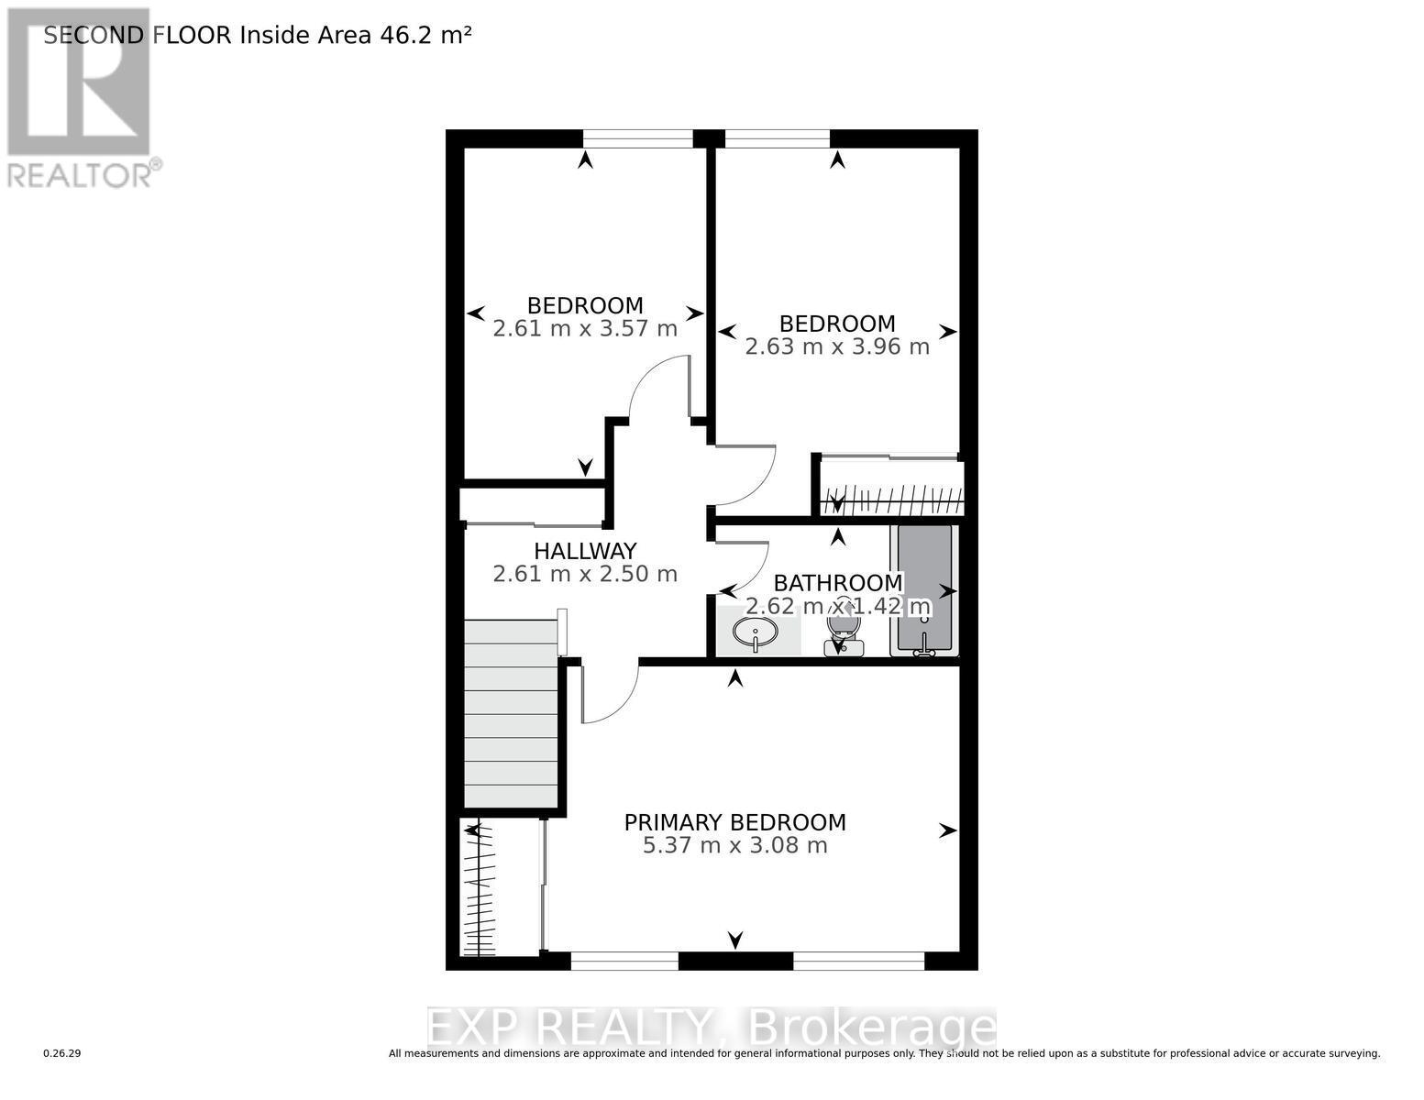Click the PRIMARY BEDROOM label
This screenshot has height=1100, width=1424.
[734, 822]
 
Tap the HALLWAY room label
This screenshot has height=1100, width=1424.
[585, 551]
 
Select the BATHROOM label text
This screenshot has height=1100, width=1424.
[838, 583]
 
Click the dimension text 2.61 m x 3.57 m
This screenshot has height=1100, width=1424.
[585, 329]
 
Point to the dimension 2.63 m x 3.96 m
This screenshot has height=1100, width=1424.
[837, 347]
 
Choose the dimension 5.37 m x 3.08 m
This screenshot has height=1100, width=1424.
[734, 845]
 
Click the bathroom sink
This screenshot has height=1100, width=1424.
[756, 632]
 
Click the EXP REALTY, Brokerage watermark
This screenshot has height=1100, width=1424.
[712, 1028]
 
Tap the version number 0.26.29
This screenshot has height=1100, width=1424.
[62, 1054]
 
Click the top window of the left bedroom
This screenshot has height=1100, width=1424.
[637, 138]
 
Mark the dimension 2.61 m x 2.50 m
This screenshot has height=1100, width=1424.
[585, 575]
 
